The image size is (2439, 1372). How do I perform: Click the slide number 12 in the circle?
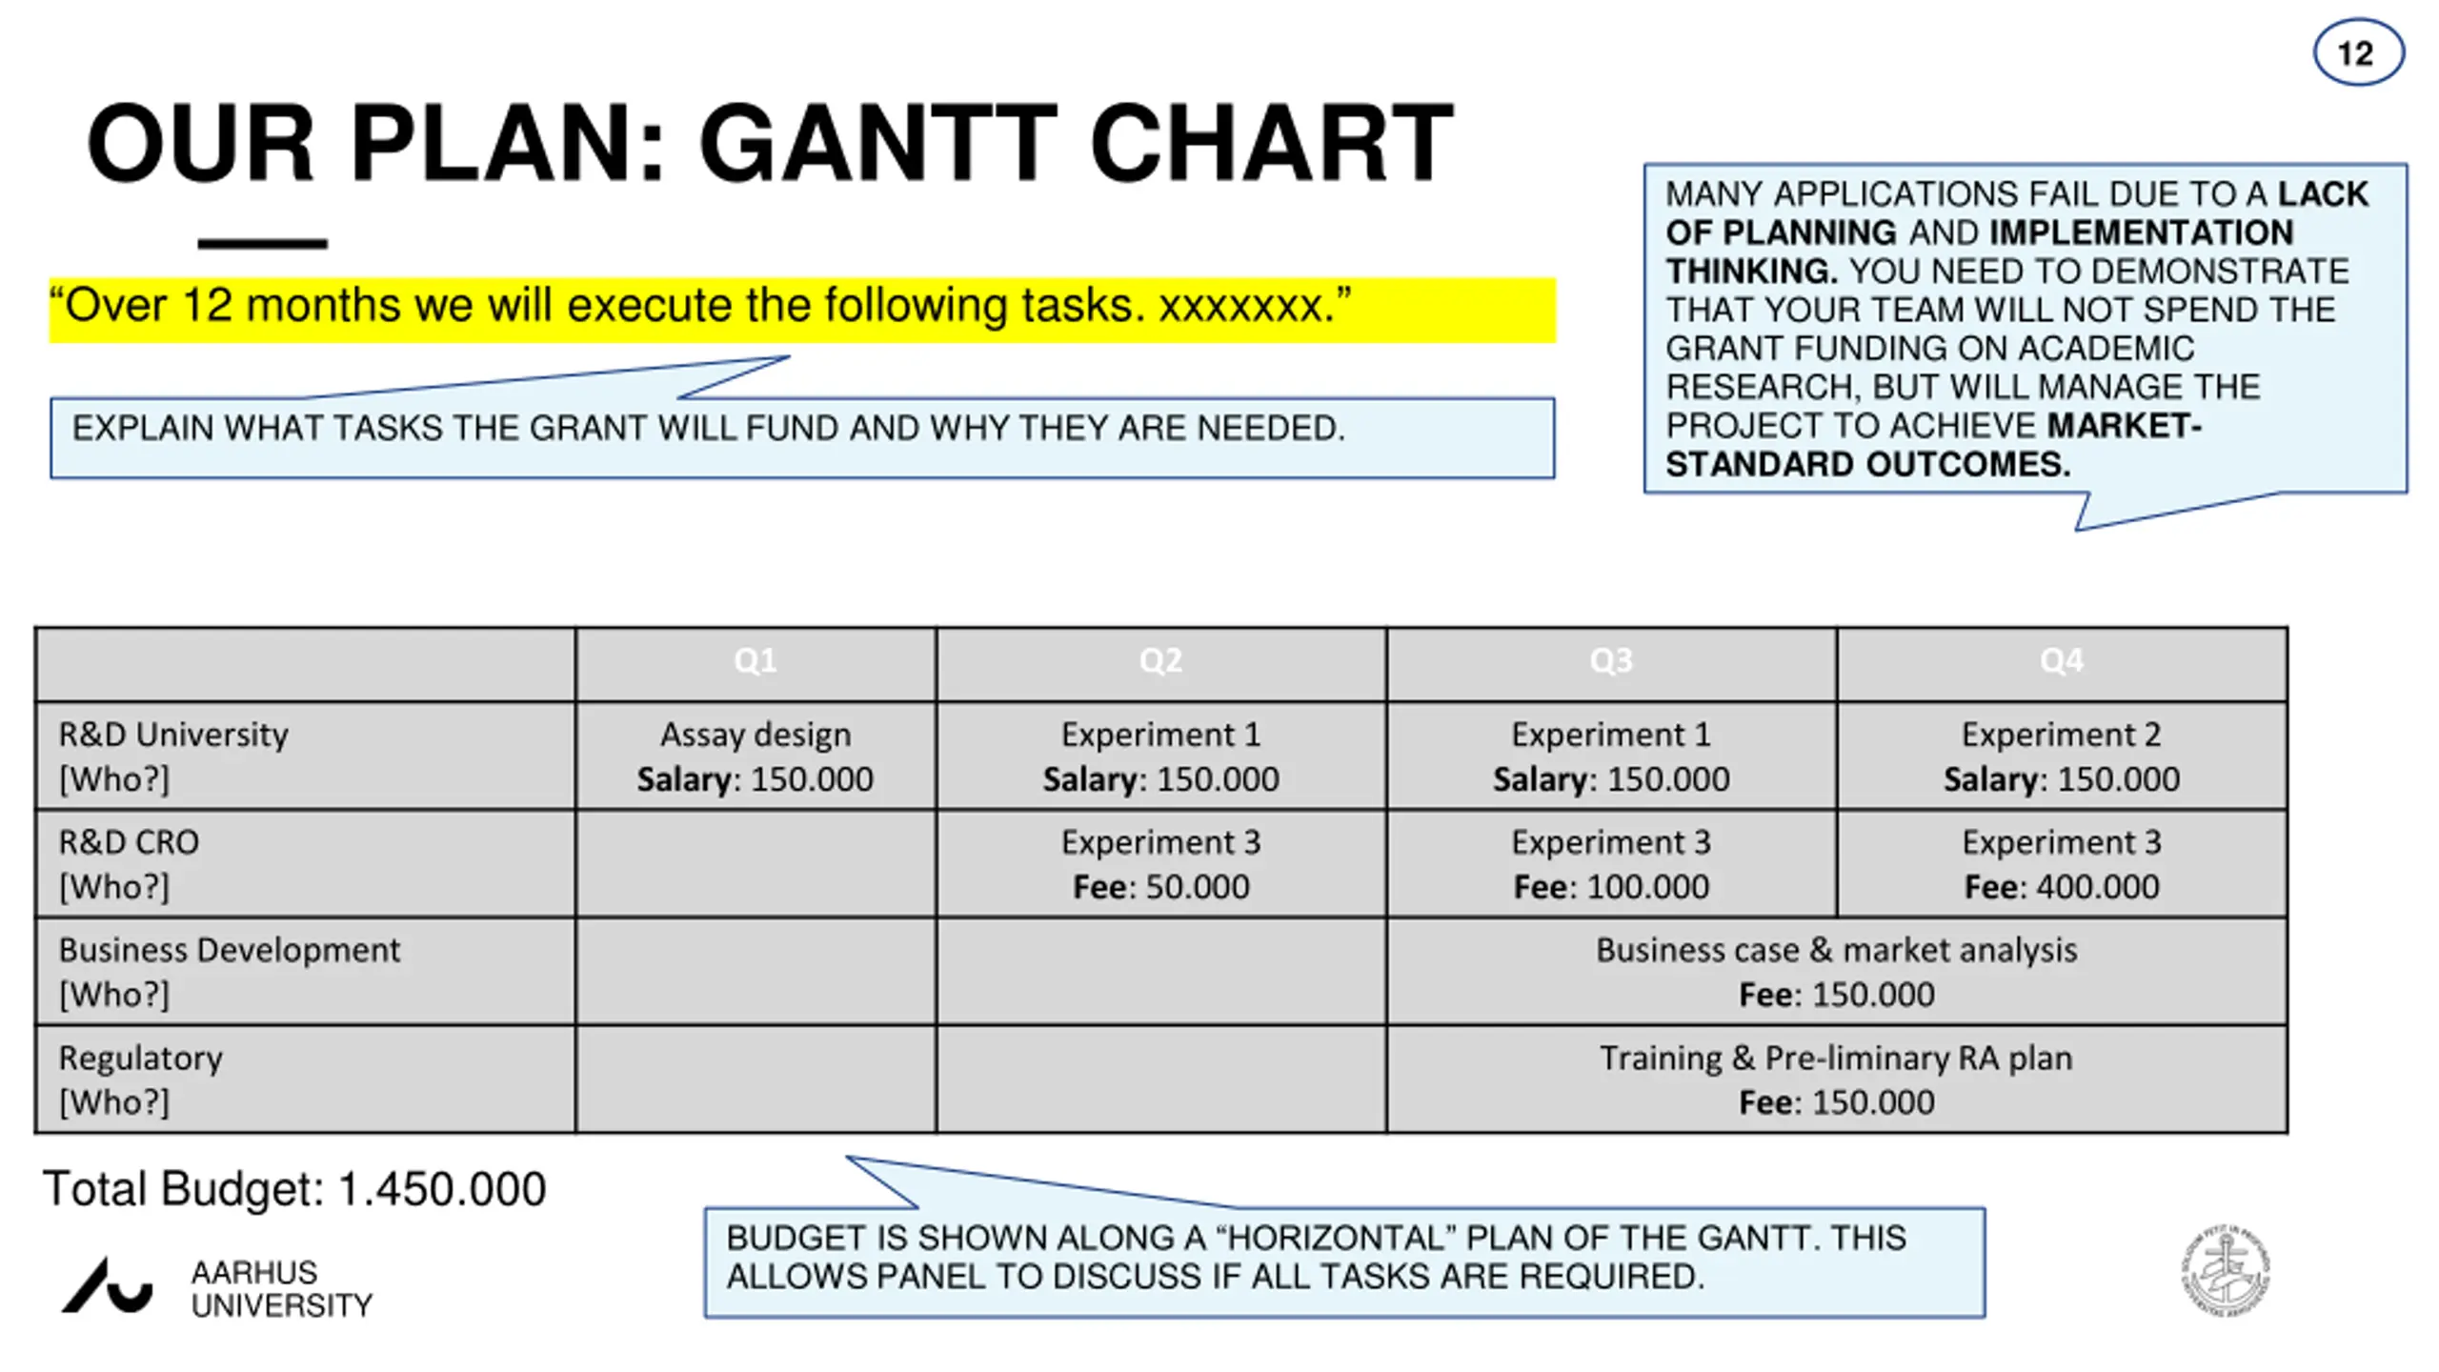[x=2357, y=54]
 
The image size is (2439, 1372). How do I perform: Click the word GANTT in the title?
[x=877, y=144]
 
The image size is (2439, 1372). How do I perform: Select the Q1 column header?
[x=755, y=661]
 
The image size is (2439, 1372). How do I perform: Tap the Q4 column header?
[x=2061, y=661]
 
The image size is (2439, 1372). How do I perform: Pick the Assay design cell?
[x=755, y=736]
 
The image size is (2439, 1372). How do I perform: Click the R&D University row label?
[x=173, y=736]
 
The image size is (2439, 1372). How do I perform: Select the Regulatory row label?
[x=141, y=1059]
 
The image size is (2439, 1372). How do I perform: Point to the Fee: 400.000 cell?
[x=2061, y=887]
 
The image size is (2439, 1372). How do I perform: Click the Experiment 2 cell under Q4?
[x=2061, y=736]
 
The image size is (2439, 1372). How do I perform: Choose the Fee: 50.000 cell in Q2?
[x=1160, y=887]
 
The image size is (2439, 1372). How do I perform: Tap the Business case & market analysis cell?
[x=1836, y=951]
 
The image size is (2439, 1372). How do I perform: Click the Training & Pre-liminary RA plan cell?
[x=1836, y=1059]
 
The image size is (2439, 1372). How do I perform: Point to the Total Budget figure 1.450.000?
[x=441, y=1189]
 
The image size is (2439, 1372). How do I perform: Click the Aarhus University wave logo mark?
[x=107, y=1286]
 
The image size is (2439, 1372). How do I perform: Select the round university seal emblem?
[x=2226, y=1270]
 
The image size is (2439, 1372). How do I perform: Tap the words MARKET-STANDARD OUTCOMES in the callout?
[x=1934, y=446]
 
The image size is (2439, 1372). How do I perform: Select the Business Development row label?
[x=229, y=951]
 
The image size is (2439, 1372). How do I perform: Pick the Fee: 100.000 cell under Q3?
[x=1611, y=887]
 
